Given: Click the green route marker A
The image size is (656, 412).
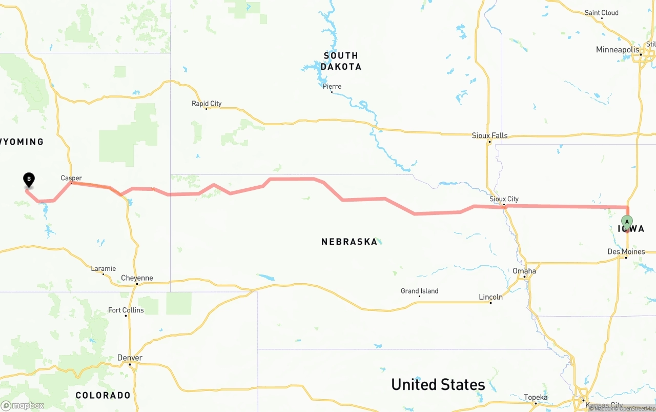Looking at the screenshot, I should click(627, 222).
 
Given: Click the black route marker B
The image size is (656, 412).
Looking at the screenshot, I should click(29, 180).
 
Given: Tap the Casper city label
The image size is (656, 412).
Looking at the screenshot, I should click(71, 178).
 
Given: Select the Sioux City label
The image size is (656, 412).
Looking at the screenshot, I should click(504, 199).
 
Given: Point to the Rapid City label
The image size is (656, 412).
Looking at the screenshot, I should click(207, 104).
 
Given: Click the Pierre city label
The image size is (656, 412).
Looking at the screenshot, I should click(332, 86).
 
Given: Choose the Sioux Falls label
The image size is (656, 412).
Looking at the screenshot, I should click(489, 135).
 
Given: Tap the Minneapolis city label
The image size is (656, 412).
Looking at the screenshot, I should click(618, 50).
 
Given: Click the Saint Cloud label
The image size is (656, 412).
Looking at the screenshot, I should click(601, 13).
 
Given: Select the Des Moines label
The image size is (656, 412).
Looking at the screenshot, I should click(626, 251).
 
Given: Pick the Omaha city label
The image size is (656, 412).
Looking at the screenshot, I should click(524, 271).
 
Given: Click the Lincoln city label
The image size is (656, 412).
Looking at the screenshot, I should click(490, 297).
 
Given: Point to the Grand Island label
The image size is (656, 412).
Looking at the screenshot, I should click(419, 291).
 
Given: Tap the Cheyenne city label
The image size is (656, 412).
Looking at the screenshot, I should click(137, 278).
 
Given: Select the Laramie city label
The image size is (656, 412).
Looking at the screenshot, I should click(103, 268).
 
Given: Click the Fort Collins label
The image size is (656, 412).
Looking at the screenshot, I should click(126, 310).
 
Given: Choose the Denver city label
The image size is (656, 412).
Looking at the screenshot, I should click(130, 358).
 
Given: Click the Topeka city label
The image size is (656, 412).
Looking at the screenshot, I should click(536, 397).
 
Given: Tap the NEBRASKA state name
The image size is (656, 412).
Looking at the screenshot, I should click(349, 242).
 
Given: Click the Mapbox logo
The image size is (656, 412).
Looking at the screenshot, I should click(23, 405).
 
